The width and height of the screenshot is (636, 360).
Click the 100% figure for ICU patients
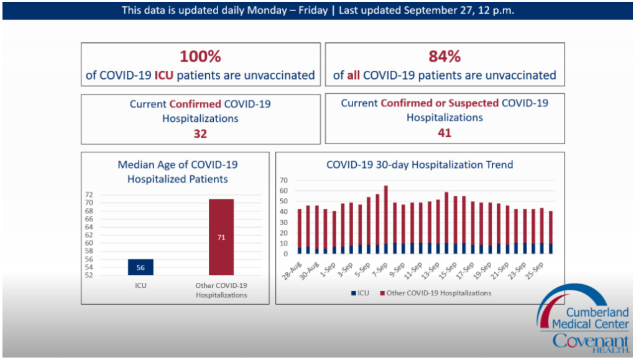[200, 57]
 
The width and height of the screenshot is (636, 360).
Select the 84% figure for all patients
[445, 57]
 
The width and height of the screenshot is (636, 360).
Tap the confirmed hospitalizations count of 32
[200, 134]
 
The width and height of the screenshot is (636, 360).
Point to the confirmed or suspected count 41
[445, 132]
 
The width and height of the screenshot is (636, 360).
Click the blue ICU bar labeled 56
[141, 267]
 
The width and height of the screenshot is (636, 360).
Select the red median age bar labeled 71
[221, 237]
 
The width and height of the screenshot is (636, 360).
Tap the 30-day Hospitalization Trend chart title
[420, 165]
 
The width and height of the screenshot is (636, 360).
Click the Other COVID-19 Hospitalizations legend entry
[435, 292]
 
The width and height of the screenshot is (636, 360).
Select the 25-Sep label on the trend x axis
[537, 270]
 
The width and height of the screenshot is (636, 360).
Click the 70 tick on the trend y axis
[283, 180]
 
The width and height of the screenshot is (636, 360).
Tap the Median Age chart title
[177, 172]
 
